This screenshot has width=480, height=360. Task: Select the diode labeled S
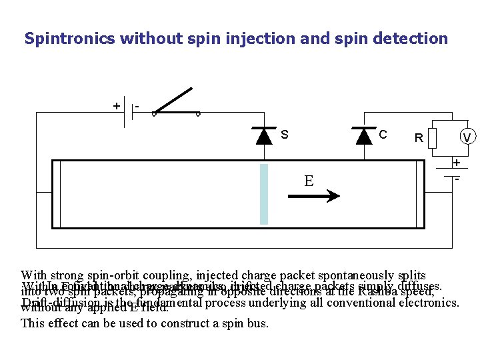click(x=264, y=136)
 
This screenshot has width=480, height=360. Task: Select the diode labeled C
click(x=364, y=136)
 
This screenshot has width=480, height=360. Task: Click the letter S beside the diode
click(x=284, y=135)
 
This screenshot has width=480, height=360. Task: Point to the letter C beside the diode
click(x=383, y=135)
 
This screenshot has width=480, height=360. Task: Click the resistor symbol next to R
click(x=432, y=139)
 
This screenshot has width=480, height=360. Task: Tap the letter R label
click(x=419, y=139)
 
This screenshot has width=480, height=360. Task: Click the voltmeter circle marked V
click(x=467, y=137)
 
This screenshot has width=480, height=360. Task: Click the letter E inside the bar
click(x=309, y=181)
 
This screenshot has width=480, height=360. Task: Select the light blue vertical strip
click(x=264, y=194)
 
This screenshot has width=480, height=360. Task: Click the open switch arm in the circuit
click(x=175, y=101)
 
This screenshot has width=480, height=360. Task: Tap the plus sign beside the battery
click(x=117, y=106)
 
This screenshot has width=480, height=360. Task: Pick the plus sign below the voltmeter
click(x=457, y=163)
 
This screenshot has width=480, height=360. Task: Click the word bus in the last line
click(x=258, y=324)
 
